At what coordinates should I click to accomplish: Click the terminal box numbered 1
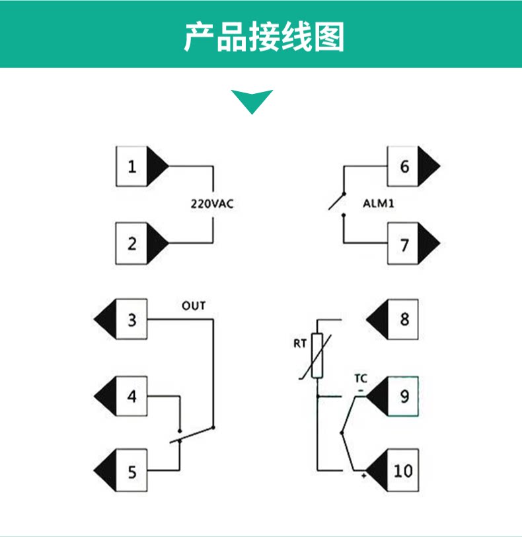point(131,167)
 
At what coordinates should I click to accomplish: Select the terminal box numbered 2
point(131,243)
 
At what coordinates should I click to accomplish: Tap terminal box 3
point(131,319)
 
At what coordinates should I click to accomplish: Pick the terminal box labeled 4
point(131,396)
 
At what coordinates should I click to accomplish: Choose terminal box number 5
point(131,470)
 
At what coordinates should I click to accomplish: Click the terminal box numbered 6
point(403,167)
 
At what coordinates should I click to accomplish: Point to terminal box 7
point(403,243)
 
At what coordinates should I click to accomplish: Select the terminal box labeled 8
point(403,319)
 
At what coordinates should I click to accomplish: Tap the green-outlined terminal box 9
point(403,396)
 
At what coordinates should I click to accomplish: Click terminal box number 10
point(403,470)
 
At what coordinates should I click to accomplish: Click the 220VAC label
point(212,204)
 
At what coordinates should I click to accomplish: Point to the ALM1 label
point(379,204)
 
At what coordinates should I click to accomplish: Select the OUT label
point(194,306)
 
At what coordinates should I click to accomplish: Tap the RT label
point(299,343)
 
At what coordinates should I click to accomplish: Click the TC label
point(361,378)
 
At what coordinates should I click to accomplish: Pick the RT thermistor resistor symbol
point(317,356)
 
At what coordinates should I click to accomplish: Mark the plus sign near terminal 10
point(363,475)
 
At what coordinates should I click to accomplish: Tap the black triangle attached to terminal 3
point(105,319)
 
